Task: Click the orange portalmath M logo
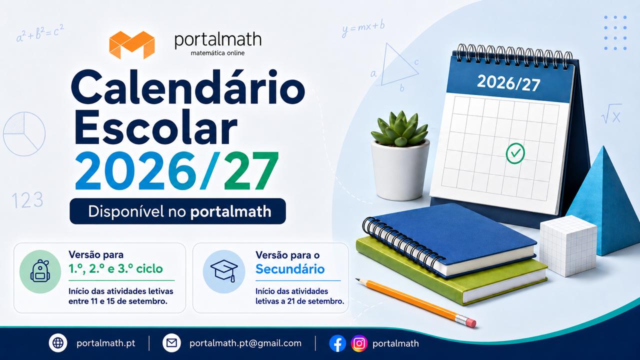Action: [x=132, y=45]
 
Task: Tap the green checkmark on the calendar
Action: [x=515, y=153]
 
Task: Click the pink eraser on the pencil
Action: [x=471, y=322]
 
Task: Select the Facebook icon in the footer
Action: [x=337, y=343]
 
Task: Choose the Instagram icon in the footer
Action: [x=359, y=343]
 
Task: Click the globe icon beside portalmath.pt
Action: [x=58, y=343]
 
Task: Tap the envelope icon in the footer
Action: [x=171, y=343]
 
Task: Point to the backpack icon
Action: [x=40, y=271]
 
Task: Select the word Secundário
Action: [x=290, y=269]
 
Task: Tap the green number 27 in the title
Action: [x=251, y=171]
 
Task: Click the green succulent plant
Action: [x=400, y=128]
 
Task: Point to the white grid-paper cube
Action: [x=568, y=245]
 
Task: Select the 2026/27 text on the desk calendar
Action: [x=508, y=83]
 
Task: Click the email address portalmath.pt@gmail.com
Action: [x=245, y=343]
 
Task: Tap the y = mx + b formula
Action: [x=363, y=29]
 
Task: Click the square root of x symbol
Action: [x=611, y=113]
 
